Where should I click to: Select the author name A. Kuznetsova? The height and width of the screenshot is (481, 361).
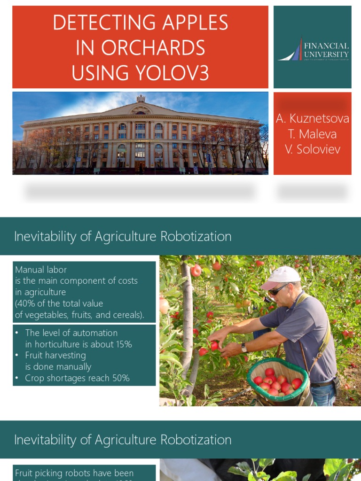(x=313, y=119)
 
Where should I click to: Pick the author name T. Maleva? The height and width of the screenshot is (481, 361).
(x=313, y=134)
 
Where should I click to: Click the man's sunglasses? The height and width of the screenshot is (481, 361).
(x=278, y=289)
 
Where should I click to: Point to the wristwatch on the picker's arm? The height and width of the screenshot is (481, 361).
(x=244, y=348)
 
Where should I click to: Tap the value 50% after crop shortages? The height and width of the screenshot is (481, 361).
(x=119, y=378)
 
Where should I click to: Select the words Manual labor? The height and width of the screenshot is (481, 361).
(x=41, y=270)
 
